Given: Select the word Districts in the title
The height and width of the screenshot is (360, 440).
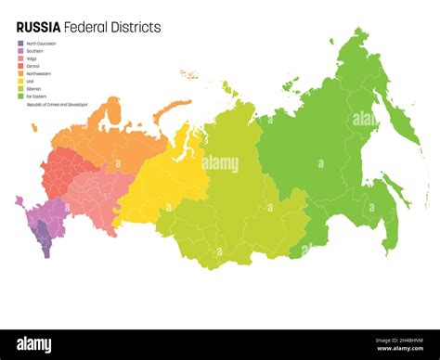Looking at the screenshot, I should point(136,28).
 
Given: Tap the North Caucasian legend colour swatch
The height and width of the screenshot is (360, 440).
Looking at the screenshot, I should point(20,43).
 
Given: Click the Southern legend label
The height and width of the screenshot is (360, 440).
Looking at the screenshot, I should point(35,51).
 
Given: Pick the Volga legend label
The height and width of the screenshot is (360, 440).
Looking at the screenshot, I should point(33,58).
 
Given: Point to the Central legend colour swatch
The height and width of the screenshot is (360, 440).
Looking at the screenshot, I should point(20,67).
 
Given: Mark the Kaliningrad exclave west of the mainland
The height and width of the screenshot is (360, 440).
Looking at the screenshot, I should point(34,128).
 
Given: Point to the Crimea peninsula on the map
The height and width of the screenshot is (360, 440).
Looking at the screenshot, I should point(19,200).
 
